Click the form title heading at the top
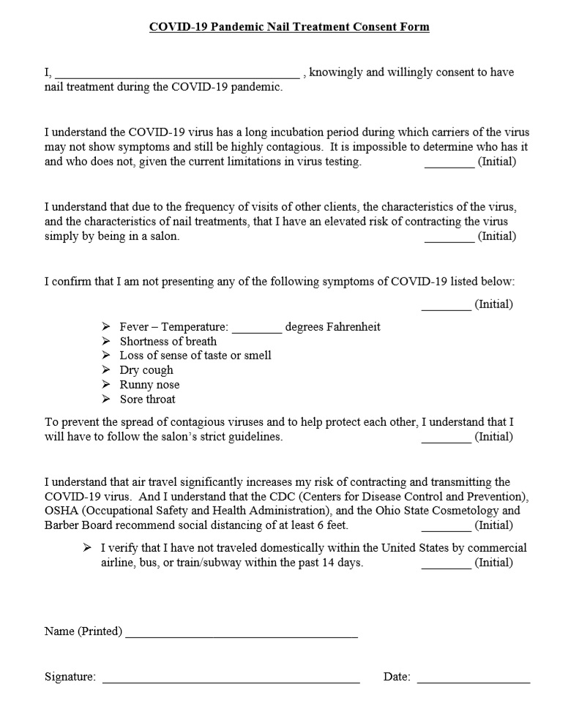click(289, 27)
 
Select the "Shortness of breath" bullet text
click(168, 341)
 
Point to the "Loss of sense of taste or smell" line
click(195, 356)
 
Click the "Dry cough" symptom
click(146, 370)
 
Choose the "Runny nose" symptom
click(149, 385)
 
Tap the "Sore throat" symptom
click(148, 400)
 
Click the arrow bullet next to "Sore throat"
click(106, 400)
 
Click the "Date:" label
click(397, 677)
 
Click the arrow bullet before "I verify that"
click(87, 547)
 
